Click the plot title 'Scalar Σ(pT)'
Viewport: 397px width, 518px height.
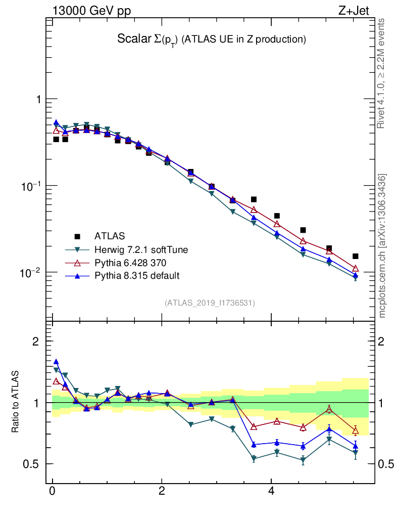tap(212, 39)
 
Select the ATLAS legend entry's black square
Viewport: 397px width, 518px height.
tap(77, 236)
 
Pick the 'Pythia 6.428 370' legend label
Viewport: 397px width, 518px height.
tap(130, 263)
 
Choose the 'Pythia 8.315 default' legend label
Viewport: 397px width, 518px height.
tap(136, 275)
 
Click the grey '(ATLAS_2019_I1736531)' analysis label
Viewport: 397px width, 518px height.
tap(210, 303)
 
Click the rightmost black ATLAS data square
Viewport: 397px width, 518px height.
tap(355, 256)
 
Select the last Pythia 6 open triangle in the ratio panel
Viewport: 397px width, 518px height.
tap(355, 431)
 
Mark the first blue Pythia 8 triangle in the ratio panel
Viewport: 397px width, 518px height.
tap(56, 362)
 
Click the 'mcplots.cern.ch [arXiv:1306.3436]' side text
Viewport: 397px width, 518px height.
tap(383, 246)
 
